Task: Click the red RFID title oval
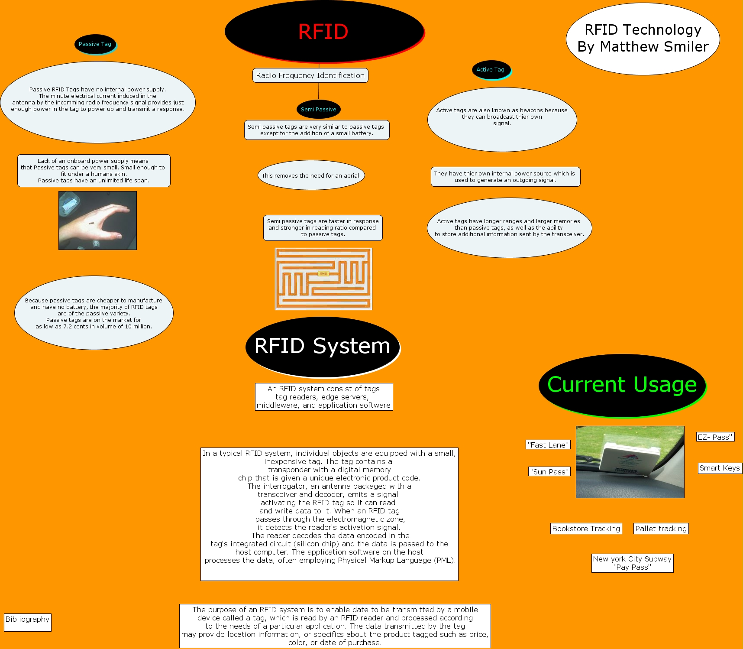324,32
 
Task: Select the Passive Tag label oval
95,44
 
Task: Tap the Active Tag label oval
491,70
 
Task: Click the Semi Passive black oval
318,110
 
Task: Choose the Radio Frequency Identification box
310,75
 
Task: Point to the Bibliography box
27,622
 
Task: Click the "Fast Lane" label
548,445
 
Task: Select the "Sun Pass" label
549,471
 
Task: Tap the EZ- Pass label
715,437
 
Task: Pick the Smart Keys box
720,468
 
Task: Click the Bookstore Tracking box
586,529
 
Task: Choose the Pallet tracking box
661,529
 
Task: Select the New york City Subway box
632,563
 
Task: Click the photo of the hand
97,221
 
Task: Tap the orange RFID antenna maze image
323,279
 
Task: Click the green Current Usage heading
622,385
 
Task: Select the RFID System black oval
322,346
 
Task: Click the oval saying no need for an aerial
311,175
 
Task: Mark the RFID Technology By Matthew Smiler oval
643,39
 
